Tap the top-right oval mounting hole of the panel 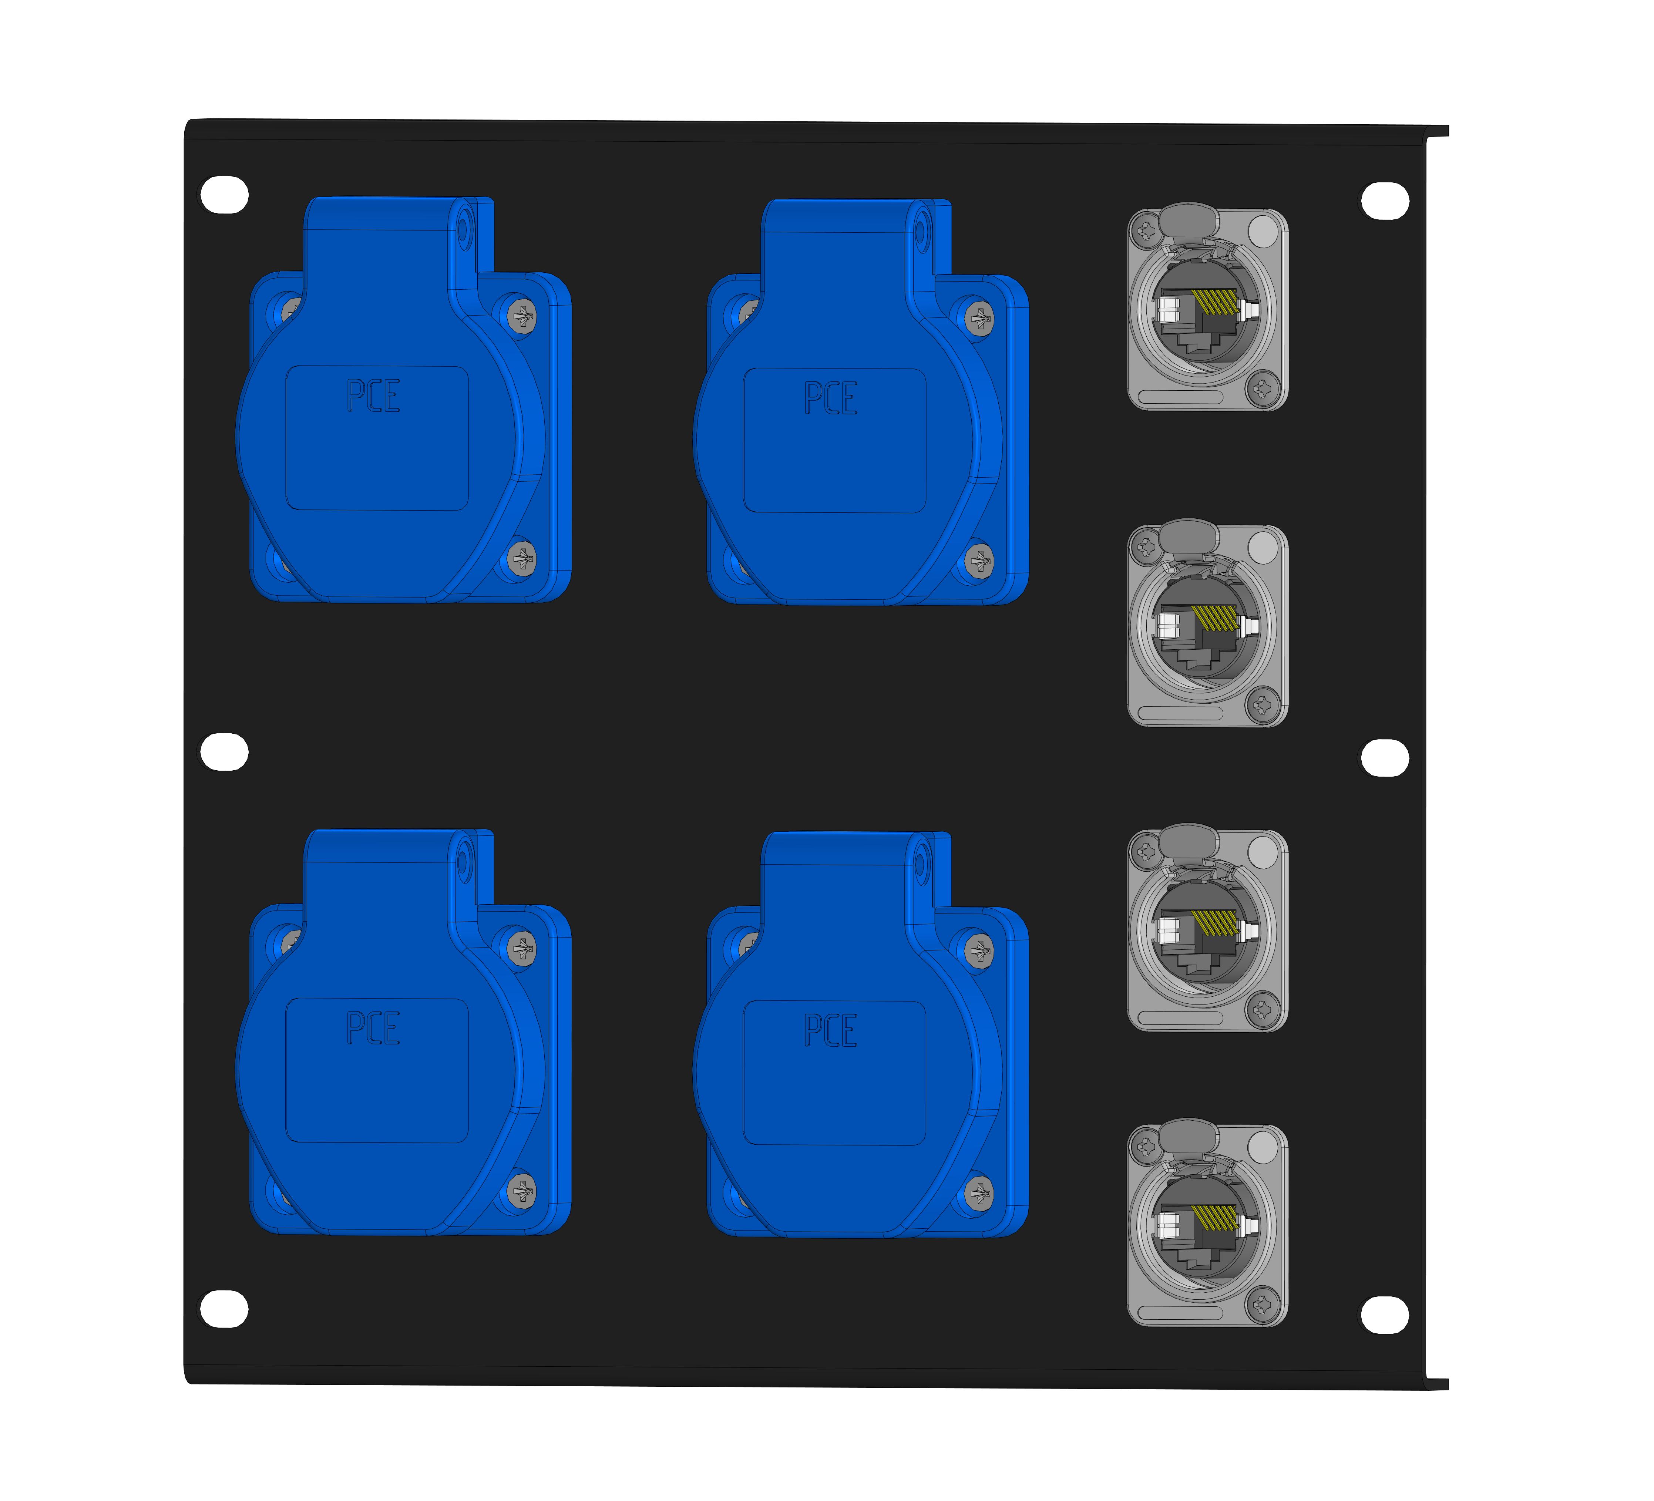coord(1385,201)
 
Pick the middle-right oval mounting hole coord(1385,757)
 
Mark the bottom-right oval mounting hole coord(1385,1315)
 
